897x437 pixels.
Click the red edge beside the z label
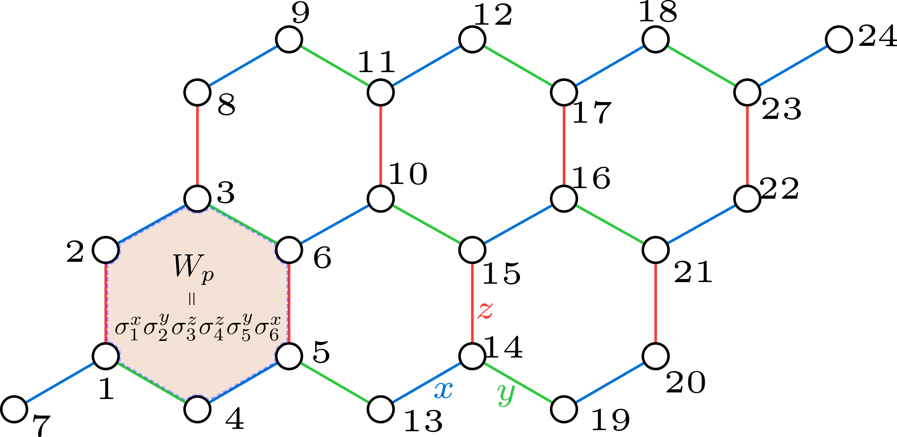click(472, 303)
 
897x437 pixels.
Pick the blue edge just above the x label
click(427, 383)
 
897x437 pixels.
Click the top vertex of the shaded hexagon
click(197, 199)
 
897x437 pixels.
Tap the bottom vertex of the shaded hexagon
click(197, 409)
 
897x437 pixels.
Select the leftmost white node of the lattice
click(14, 409)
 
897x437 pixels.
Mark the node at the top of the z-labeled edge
click(472, 250)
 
